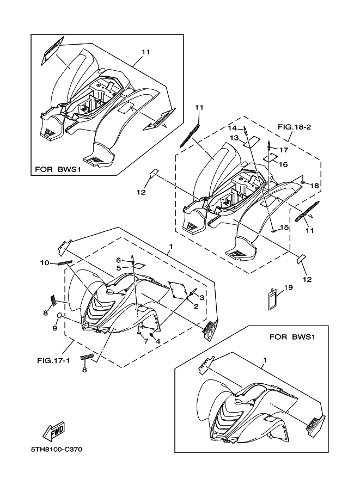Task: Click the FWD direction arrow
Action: (x=53, y=431)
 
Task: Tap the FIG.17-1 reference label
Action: (x=53, y=360)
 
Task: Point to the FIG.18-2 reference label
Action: (x=294, y=127)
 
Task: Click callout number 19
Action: (x=289, y=287)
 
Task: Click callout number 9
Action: (x=54, y=328)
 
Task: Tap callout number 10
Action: (x=44, y=262)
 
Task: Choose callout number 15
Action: (x=284, y=227)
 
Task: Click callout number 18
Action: (x=315, y=186)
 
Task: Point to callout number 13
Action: (x=234, y=138)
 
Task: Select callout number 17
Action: (x=284, y=149)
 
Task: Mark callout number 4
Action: (x=157, y=341)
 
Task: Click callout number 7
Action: (x=146, y=341)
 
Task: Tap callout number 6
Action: (x=118, y=260)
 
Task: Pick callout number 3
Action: (x=202, y=297)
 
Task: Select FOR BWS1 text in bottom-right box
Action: (x=292, y=336)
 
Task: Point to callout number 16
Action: (x=284, y=164)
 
